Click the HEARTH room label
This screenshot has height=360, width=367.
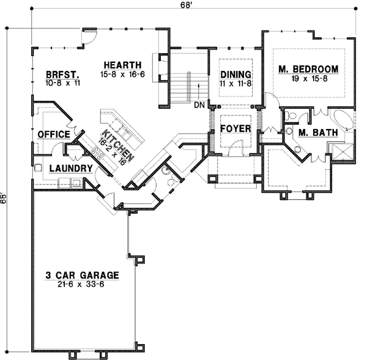[122, 65]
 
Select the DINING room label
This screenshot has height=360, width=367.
[235, 74]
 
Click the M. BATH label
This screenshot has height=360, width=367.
[311, 133]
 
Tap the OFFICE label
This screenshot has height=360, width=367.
[52, 134]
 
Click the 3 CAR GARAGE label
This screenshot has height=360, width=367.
[81, 275]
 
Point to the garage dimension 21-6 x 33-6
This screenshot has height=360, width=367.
[81, 284]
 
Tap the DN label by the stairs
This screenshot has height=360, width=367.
[199, 105]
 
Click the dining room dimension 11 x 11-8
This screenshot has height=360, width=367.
[235, 83]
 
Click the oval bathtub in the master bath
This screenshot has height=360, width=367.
[343, 119]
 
